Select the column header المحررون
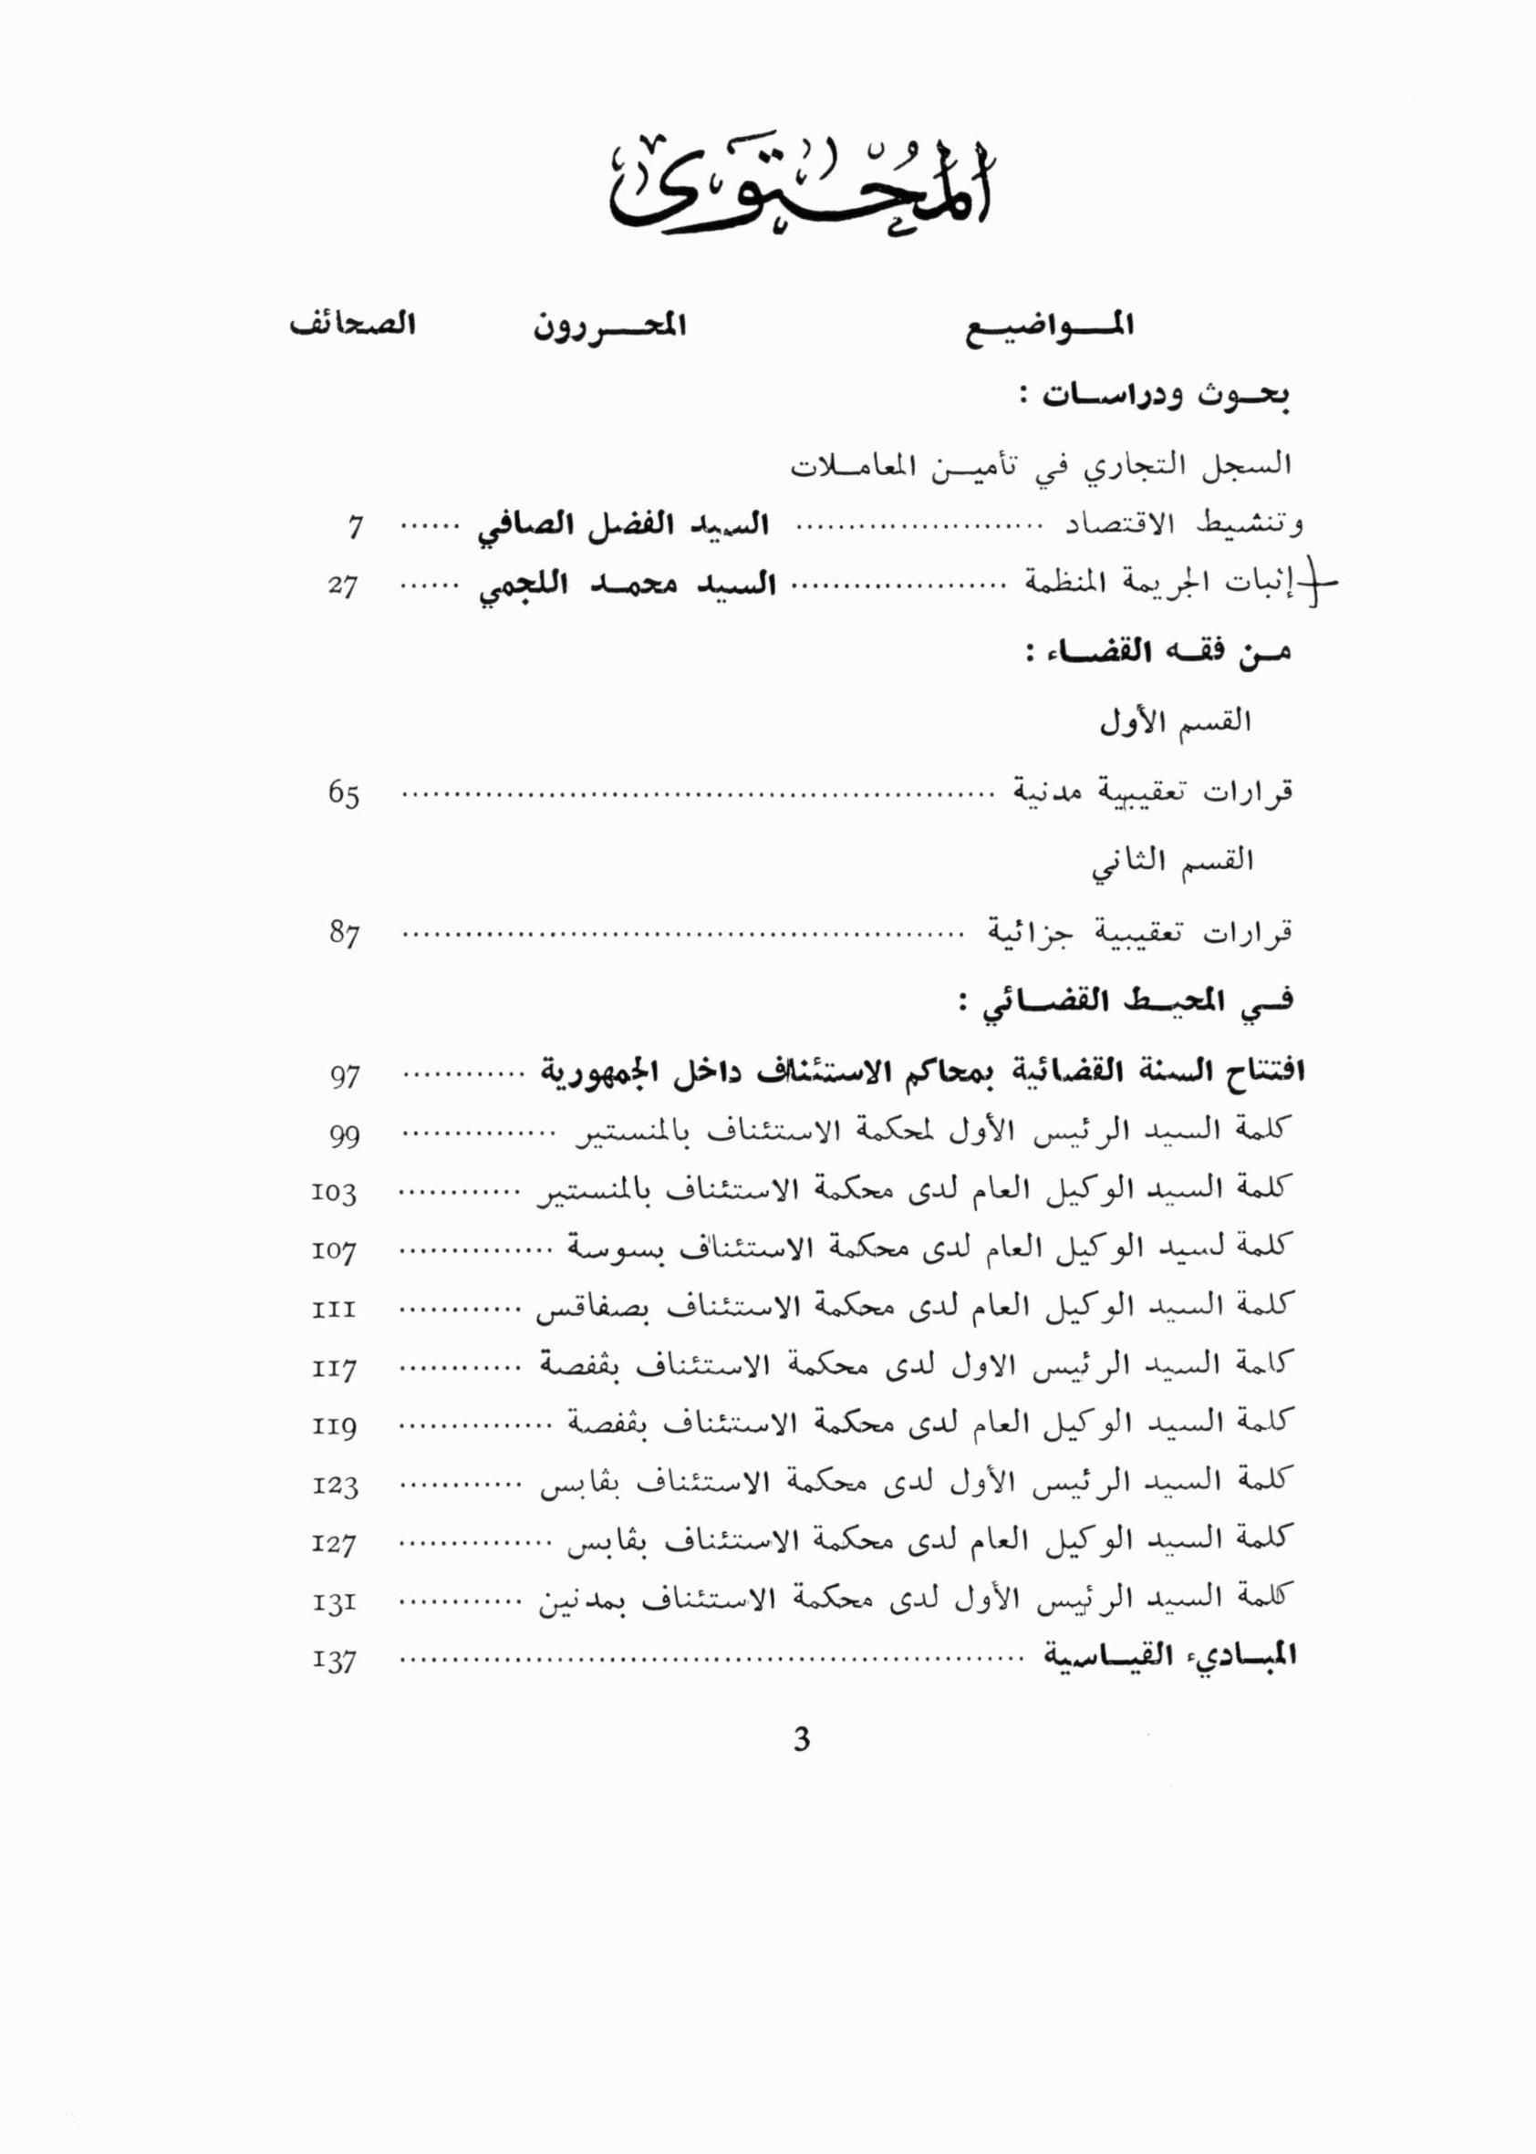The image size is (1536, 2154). [610, 328]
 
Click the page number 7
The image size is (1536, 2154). [355, 528]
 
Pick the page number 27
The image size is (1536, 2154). [343, 587]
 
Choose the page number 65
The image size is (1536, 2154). [343, 795]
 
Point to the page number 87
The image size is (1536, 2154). [344, 935]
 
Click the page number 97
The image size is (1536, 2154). [344, 1077]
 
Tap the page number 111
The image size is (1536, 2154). [334, 1310]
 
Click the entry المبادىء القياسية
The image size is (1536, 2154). [1170, 1655]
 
